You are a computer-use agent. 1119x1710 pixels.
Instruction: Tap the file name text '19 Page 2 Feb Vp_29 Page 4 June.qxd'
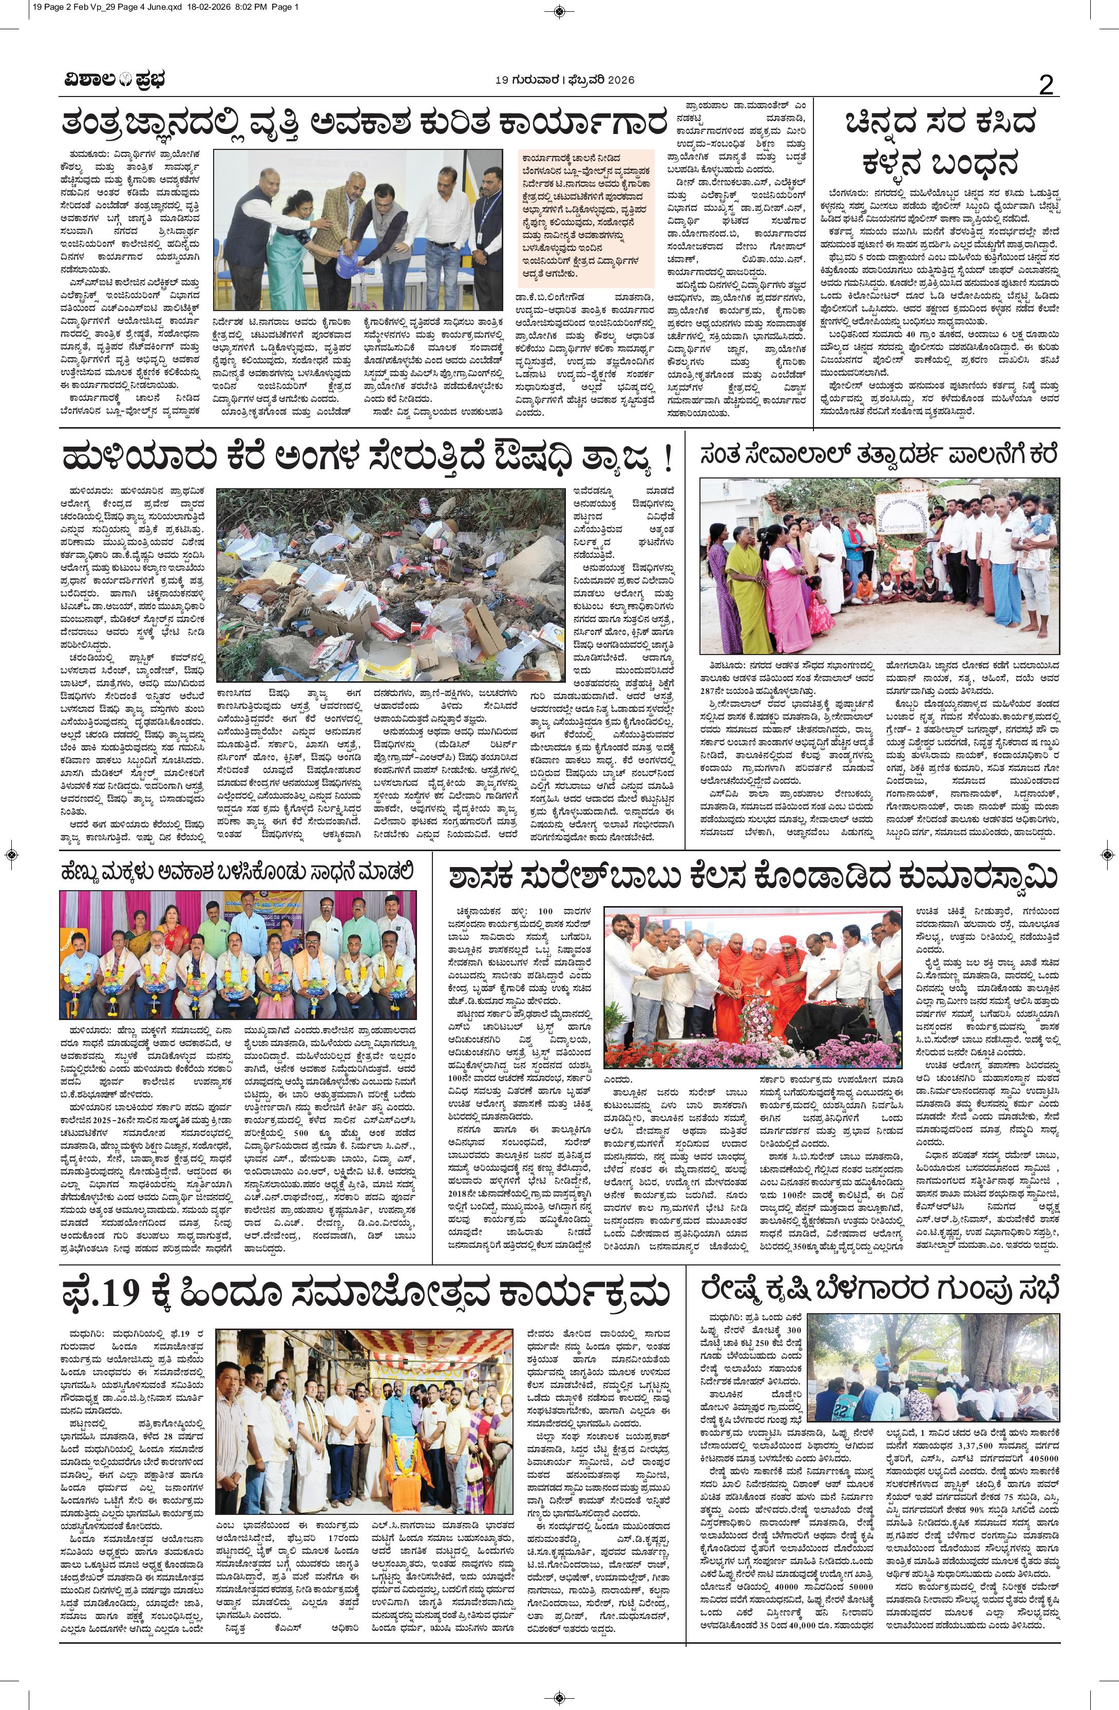(97, 7)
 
